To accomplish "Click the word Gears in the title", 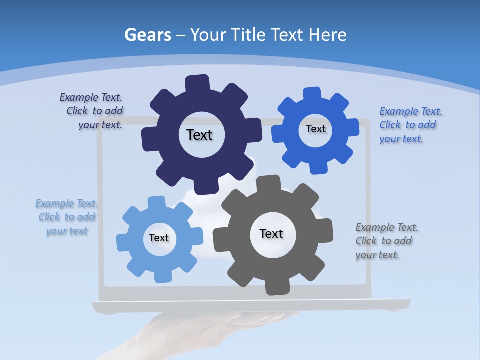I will point(147,35).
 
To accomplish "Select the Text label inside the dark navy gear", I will point(199,135).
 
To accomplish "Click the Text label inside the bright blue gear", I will point(315,129).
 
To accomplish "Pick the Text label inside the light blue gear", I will point(159,238).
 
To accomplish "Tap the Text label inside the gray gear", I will point(271,233).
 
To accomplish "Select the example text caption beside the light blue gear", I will point(67,217).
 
